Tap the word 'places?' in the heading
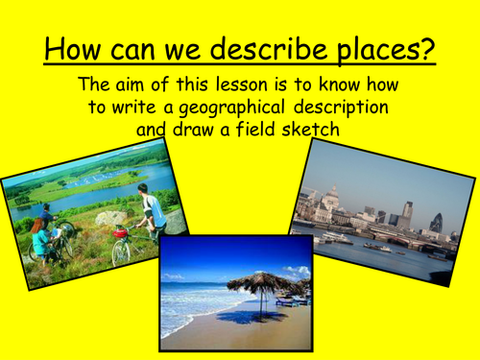click(382, 46)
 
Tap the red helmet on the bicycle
click(120, 231)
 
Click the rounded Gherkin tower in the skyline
click(436, 222)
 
